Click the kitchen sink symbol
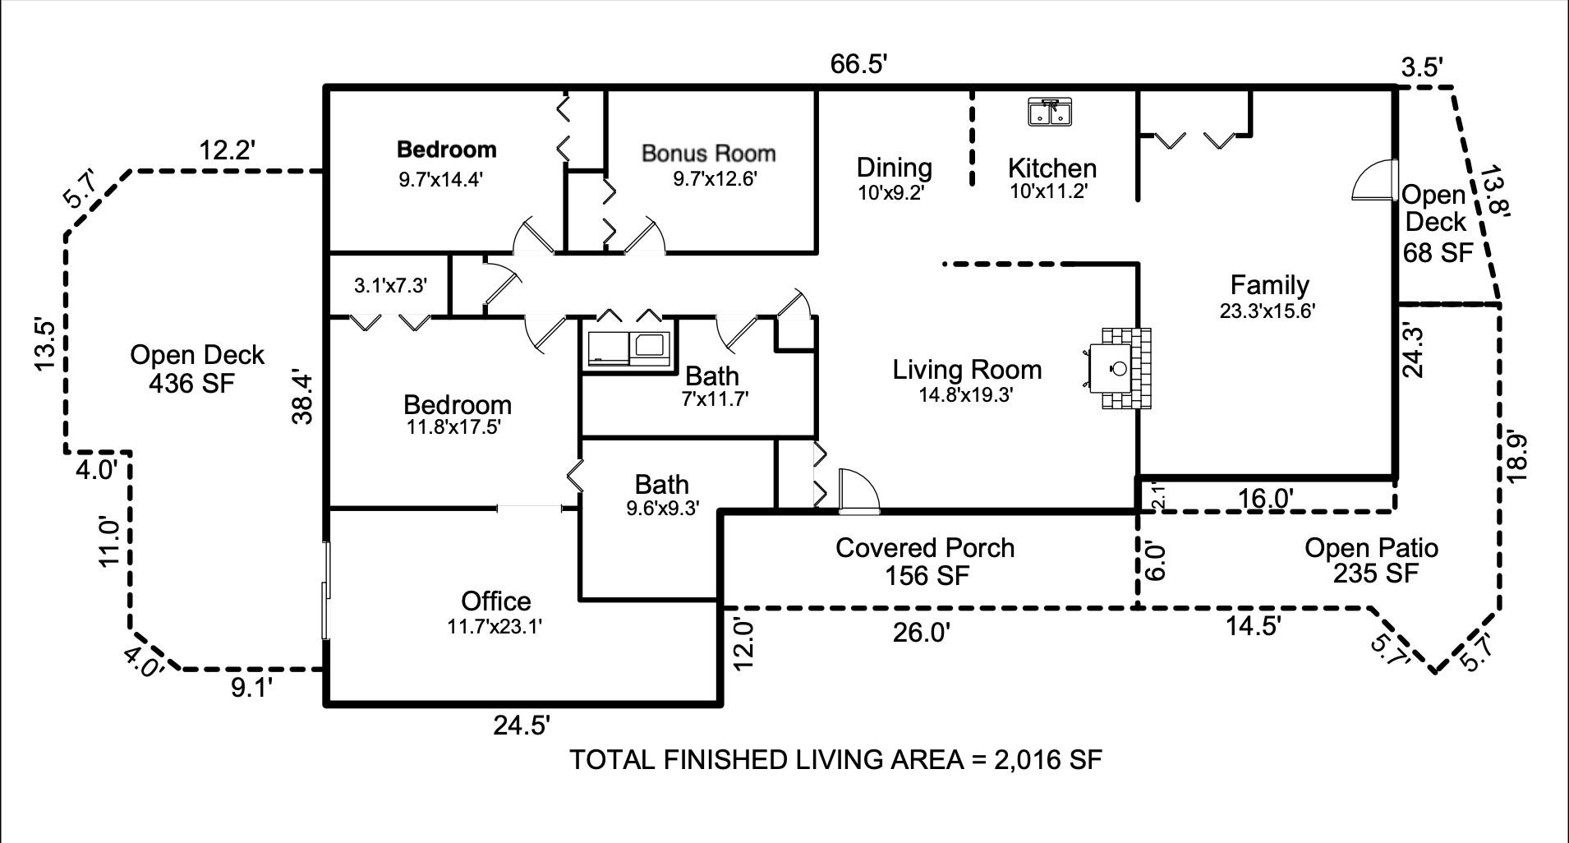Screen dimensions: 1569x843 (1050, 111)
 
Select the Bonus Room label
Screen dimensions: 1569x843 (708, 153)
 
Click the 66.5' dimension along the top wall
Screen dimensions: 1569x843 (859, 64)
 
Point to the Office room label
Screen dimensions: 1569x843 (495, 601)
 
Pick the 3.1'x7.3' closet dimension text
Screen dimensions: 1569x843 (390, 285)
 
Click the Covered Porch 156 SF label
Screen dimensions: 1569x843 (926, 561)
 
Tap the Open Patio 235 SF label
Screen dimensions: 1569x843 (1372, 560)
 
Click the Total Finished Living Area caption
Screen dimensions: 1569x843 (835, 759)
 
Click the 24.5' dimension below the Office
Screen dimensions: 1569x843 (522, 726)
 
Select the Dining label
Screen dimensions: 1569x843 (894, 167)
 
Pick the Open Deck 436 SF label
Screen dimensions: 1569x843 (196, 368)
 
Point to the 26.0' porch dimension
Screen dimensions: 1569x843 (922, 633)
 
